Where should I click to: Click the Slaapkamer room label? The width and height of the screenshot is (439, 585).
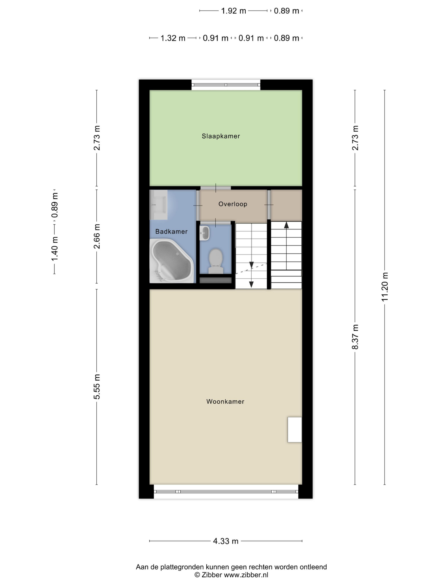pos(221,136)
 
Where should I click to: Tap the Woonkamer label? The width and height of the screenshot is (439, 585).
pos(225,401)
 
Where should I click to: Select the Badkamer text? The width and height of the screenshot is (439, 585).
pos(171,231)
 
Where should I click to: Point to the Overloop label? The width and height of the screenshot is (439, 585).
pos(233,204)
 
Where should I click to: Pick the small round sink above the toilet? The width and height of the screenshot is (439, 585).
pos(205,233)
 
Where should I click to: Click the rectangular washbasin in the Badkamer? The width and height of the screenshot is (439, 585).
pos(158,205)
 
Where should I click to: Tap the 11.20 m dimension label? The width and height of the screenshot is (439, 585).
pos(385,287)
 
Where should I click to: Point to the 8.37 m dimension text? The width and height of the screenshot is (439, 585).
pos(355,337)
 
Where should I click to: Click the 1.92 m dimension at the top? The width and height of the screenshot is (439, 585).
pos(233,11)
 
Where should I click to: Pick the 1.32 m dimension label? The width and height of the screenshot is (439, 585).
pos(173,38)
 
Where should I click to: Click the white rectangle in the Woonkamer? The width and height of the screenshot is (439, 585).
pos(295,430)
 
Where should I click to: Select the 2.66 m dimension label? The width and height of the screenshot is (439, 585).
pos(97,236)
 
